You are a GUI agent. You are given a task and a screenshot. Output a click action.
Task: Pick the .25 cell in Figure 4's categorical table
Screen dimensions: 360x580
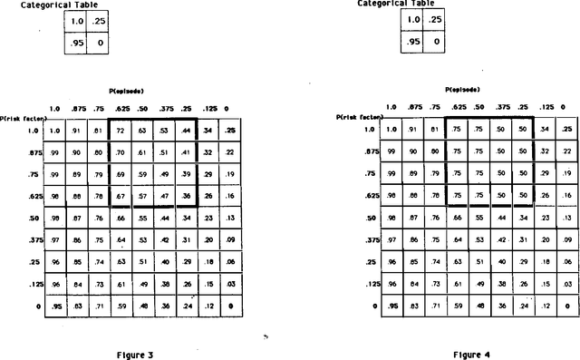436,19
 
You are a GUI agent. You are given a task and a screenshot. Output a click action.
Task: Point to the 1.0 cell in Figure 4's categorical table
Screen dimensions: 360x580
414,19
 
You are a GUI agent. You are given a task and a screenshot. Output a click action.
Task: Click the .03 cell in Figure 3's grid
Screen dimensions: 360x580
231,284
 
